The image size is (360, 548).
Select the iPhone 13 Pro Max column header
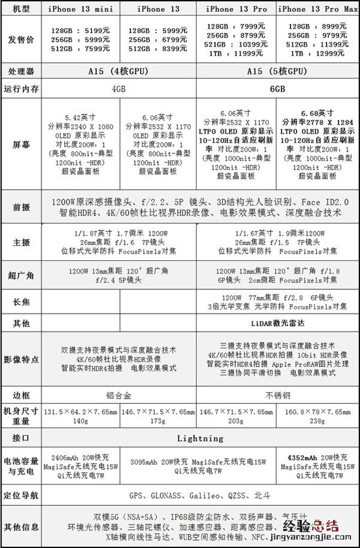(x=317, y=9)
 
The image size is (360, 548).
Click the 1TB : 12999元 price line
(x=317, y=53)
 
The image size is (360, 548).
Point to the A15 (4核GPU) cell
(x=119, y=71)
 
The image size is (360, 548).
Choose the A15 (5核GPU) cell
(x=278, y=71)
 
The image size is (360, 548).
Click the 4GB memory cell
(x=119, y=88)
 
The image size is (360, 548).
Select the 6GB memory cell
(x=278, y=88)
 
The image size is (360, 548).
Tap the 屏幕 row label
(x=21, y=144)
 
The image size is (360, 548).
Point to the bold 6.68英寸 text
(x=317, y=112)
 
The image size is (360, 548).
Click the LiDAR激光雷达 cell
(x=278, y=323)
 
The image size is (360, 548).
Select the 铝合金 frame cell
(x=119, y=396)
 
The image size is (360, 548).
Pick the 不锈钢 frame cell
(x=278, y=396)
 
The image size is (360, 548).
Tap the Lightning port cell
(x=200, y=438)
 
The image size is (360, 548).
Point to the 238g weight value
(x=317, y=421)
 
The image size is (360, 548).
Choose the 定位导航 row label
(x=21, y=496)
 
